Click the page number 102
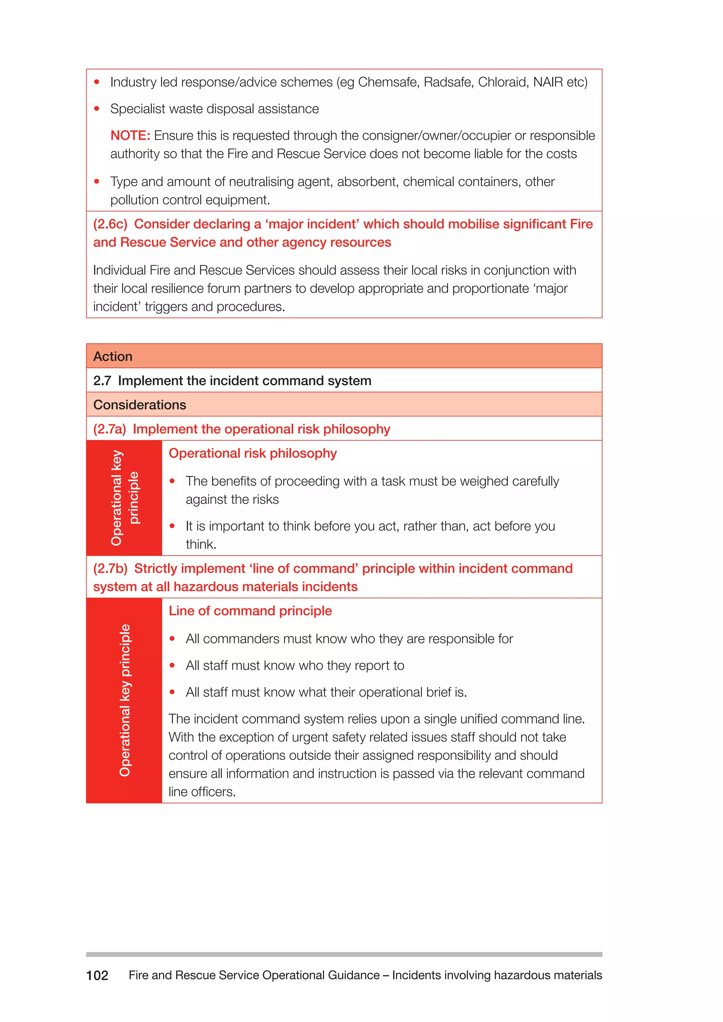point(97,976)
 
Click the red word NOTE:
point(130,135)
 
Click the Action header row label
point(113,356)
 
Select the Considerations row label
point(139,405)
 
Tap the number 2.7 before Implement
point(102,380)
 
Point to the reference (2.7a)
point(109,429)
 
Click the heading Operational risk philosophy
point(252,453)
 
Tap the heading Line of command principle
point(250,611)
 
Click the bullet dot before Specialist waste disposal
point(97,109)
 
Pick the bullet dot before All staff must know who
point(172,666)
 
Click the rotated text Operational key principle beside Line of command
point(125,700)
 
